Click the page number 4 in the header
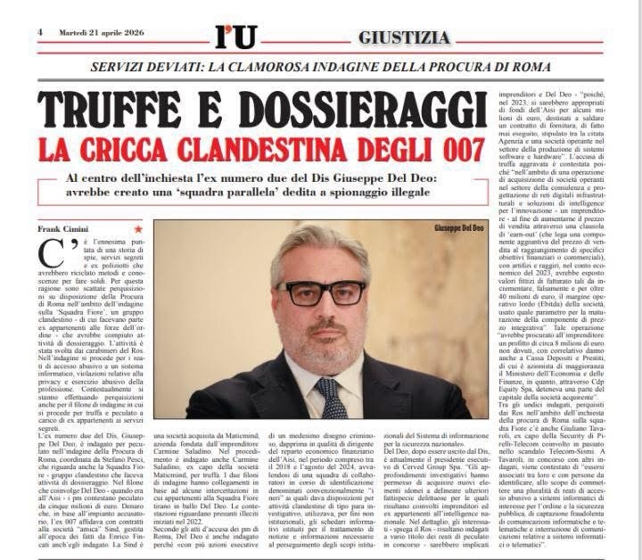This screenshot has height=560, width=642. point(40,32)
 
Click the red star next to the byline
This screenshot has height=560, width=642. point(137,228)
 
